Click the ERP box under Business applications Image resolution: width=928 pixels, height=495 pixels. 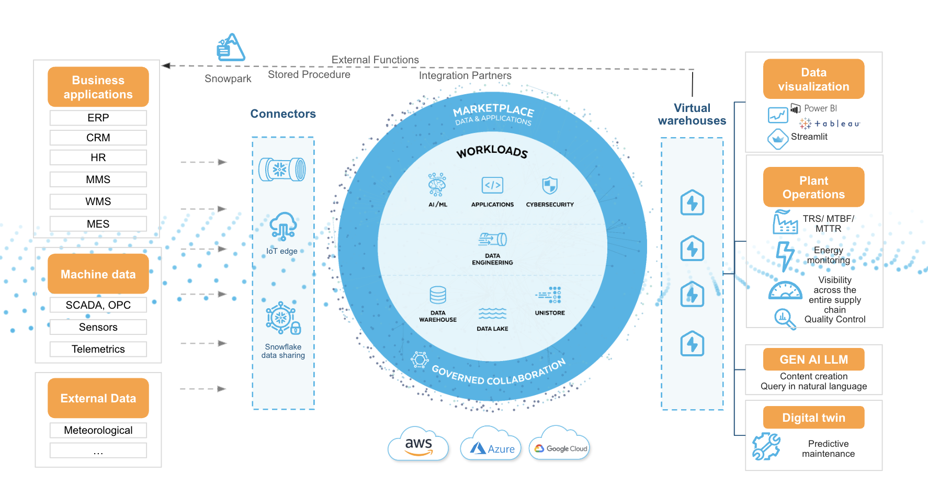pos(98,118)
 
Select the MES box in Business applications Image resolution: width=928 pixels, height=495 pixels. pos(98,224)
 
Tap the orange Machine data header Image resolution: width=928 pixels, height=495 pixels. pos(98,274)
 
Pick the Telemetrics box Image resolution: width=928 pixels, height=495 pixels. pos(98,349)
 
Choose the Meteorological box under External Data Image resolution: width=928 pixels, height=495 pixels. pos(98,430)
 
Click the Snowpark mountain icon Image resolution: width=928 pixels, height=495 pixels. pos(231,48)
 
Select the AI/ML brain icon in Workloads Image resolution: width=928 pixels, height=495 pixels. pos(437,184)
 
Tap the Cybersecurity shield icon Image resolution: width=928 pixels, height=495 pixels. pos(550,185)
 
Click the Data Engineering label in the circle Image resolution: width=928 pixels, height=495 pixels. pos(492,260)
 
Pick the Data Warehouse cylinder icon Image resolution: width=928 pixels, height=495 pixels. pos(438,295)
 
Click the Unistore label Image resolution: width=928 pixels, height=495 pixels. pos(550,313)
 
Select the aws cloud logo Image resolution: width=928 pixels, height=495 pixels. pos(418,445)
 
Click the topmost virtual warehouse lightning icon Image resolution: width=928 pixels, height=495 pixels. pos(692,203)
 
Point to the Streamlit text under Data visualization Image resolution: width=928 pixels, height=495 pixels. pos(809,137)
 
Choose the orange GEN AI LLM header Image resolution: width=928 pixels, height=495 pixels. pos(813,359)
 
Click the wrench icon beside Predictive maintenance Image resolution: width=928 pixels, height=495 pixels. pos(766,447)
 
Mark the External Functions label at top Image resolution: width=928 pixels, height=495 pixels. pos(375,60)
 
